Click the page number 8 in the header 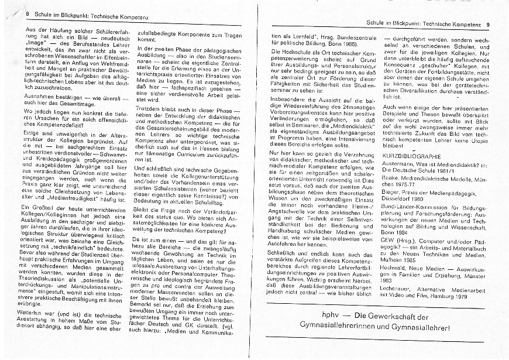point(27,12)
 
